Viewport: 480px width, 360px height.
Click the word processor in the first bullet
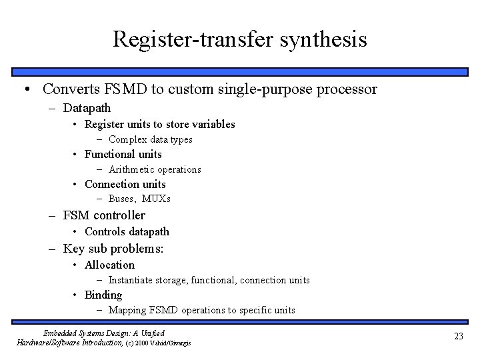(x=347, y=89)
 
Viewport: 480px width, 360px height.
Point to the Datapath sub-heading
(x=87, y=107)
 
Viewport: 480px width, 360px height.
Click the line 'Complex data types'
(x=150, y=139)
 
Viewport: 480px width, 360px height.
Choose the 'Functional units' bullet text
(x=123, y=154)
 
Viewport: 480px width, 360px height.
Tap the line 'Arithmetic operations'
(x=154, y=169)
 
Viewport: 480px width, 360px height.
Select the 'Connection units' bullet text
(x=125, y=184)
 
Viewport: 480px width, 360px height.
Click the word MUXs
(x=156, y=199)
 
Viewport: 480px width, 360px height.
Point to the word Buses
(x=123, y=199)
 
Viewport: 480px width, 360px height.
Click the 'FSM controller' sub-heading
(x=104, y=215)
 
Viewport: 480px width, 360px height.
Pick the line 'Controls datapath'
(x=127, y=231)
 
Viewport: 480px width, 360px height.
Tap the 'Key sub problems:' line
(x=113, y=249)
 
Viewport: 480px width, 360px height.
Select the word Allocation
(x=109, y=265)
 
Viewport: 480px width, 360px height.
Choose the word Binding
(x=103, y=295)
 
